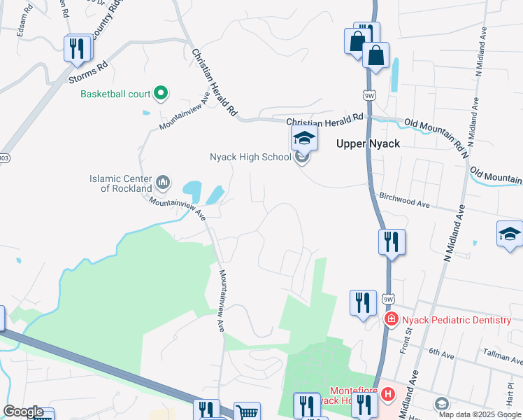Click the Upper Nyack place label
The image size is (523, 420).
(368, 143)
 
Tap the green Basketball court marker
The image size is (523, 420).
(161, 93)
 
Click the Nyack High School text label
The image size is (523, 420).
(250, 157)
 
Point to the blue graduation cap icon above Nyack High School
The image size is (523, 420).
(304, 138)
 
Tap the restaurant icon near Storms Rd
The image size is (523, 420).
(77, 48)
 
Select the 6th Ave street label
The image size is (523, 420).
(443, 353)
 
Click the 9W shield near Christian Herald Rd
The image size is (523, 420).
(369, 94)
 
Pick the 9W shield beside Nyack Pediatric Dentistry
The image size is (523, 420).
(388, 300)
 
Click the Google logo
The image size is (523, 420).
(23, 412)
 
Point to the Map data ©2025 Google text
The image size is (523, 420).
(479, 414)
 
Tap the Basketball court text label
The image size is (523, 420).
(115, 93)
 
